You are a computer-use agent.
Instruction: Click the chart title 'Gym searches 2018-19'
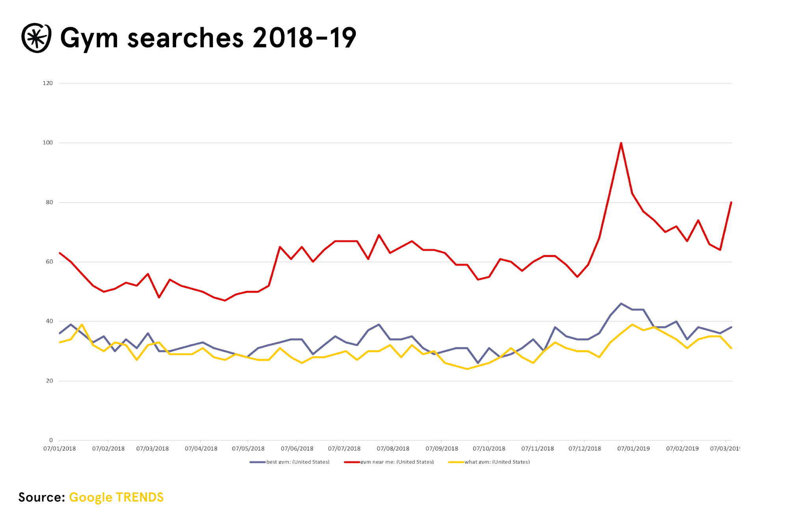[208, 38]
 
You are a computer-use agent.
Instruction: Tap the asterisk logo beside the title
[36, 38]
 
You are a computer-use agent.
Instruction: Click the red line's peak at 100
[621, 143]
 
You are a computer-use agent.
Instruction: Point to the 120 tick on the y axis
[48, 83]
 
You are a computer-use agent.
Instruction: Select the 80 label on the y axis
[49, 202]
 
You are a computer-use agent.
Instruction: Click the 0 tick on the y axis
[51, 440]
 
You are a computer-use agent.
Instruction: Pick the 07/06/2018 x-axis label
[297, 449]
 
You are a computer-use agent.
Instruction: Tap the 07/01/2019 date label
[634, 449]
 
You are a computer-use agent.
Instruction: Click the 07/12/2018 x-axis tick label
[585, 449]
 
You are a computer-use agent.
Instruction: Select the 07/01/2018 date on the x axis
[59, 449]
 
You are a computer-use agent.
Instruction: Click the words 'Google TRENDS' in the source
[116, 497]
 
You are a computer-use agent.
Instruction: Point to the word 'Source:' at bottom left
[41, 497]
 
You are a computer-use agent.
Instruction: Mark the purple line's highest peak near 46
[621, 304]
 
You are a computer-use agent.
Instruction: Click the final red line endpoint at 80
[731, 202]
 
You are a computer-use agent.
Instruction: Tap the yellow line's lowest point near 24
[467, 369]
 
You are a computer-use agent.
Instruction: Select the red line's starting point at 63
[60, 253]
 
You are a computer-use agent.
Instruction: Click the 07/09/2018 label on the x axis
[442, 449]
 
